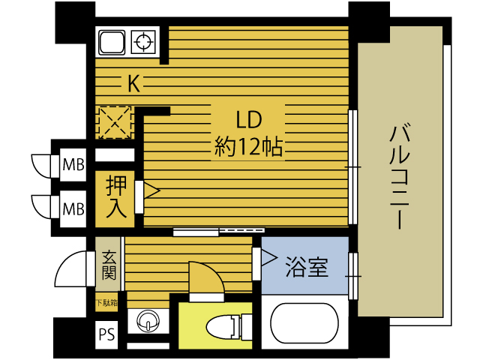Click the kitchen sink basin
pos(112,42)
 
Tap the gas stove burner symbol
pos(143,41)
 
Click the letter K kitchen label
pos(133,83)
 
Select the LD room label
pos(249,120)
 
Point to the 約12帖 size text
pos(248,147)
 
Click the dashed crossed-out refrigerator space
pos(115,122)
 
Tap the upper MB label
pos(73,165)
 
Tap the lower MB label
pos(73,209)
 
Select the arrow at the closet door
pos(151,190)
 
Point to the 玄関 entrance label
pos(109,265)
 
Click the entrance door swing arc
pos(70,268)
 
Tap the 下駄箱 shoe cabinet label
pos(106,303)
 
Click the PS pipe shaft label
pos(106,334)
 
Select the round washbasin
pos(148,321)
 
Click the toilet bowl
pos(223,327)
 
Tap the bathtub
pos(304,323)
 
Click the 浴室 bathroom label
pos(307,267)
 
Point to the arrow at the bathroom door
pos(269,258)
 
